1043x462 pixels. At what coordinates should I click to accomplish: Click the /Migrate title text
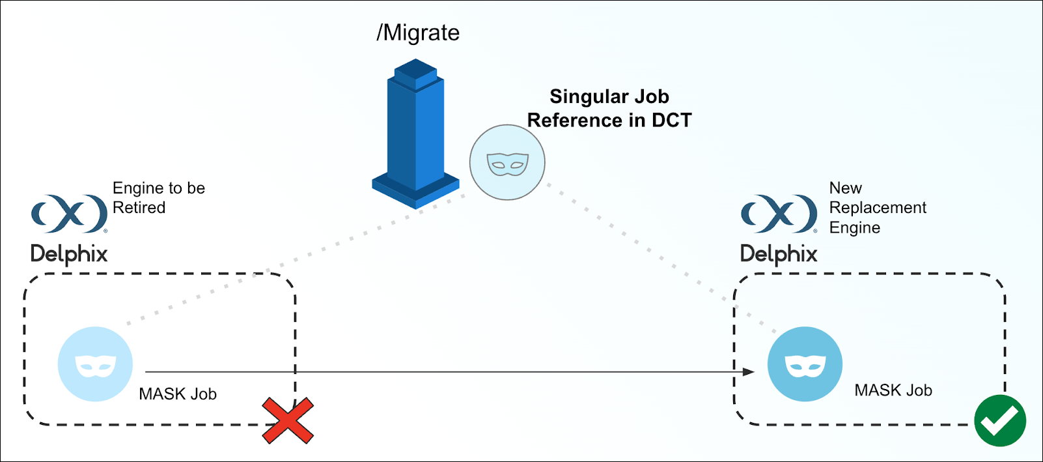[418, 33]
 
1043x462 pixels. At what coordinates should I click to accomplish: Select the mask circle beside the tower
[507, 162]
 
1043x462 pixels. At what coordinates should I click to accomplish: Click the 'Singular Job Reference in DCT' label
[609, 108]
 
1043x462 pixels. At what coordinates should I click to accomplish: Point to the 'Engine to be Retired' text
[158, 197]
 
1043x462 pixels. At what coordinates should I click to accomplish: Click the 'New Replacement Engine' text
[877, 208]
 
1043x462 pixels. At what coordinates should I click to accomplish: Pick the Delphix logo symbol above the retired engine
[69, 213]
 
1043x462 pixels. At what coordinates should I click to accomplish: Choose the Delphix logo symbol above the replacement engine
[779, 213]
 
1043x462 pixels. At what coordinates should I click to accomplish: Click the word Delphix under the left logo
[69, 253]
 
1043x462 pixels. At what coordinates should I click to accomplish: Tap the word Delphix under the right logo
[779, 253]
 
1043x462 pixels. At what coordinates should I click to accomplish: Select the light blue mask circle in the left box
[95, 364]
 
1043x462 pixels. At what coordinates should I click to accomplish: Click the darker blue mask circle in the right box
[805, 364]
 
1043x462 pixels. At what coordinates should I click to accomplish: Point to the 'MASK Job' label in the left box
[178, 394]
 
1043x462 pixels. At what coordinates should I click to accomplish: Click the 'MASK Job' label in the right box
[893, 390]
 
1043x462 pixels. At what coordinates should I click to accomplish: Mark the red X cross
[288, 421]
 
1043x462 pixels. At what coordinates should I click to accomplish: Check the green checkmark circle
[1000, 420]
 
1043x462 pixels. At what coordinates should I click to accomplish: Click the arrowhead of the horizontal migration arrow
[749, 372]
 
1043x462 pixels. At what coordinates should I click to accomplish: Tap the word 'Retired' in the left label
[139, 208]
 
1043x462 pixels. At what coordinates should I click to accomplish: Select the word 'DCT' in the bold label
[671, 121]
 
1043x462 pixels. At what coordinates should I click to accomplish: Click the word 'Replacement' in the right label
[878, 208]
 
